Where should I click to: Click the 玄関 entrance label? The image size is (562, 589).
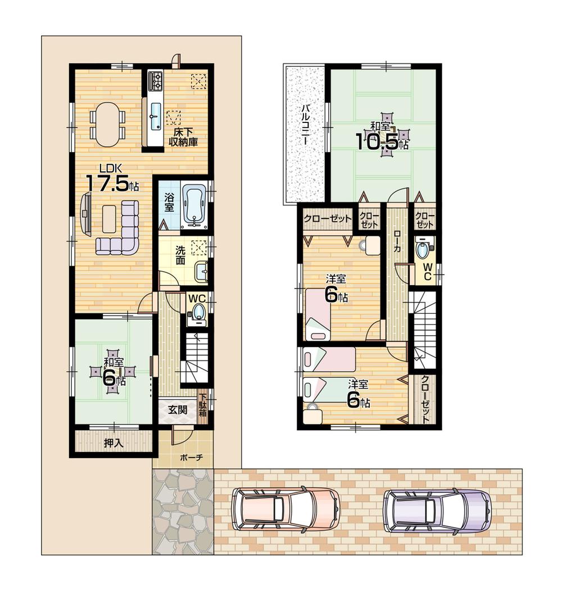coord(177,409)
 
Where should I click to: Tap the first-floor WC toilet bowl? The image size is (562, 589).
coord(197,312)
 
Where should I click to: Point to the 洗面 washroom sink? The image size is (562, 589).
coord(201,273)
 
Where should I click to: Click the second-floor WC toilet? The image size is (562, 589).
coord(422,247)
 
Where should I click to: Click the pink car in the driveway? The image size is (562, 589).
coord(285,509)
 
